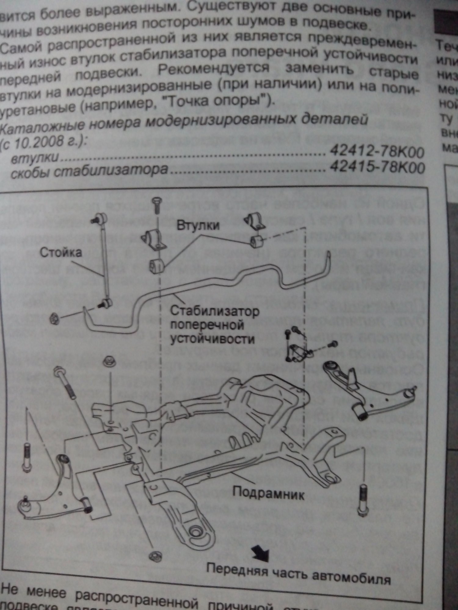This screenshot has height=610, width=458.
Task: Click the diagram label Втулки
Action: coord(198,225)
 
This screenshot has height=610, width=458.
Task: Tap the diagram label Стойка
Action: coord(61,253)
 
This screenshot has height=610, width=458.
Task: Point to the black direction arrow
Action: coord(261,552)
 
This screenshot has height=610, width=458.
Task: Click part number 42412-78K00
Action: coord(377,151)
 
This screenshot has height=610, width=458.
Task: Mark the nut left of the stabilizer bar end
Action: coord(54,319)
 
